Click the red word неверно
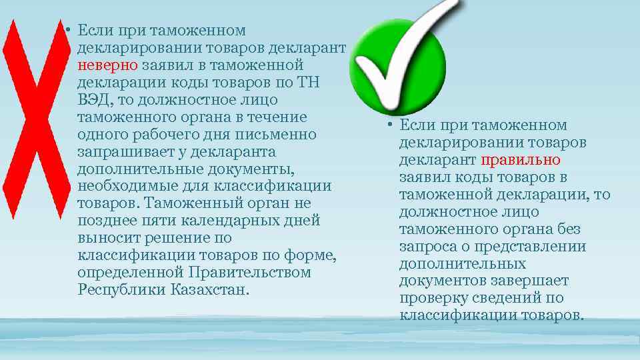click(107, 65)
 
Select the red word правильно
click(520, 160)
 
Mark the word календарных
click(224, 221)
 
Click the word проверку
click(431, 299)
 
